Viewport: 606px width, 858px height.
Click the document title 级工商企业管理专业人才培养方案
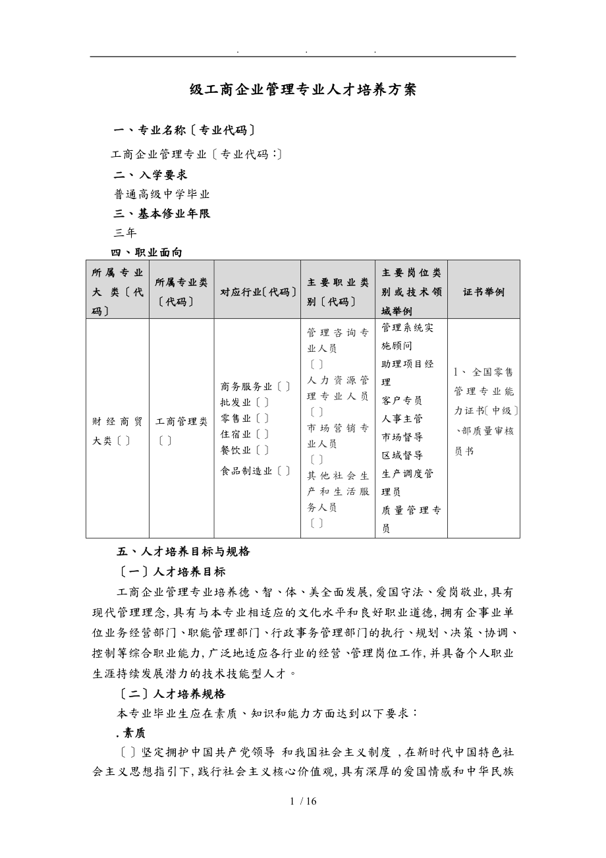303,90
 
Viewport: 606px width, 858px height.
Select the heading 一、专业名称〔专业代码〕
184,130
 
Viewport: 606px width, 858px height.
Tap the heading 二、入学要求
151,175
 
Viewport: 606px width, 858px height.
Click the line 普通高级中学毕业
162,194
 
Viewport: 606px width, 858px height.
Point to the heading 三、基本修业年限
162,214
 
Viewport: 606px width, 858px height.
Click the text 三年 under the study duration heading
124,233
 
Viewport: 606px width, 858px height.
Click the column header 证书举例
483,291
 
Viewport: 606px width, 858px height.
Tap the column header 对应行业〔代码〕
257,291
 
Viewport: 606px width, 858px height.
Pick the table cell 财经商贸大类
117,430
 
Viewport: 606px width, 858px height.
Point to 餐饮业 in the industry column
236,450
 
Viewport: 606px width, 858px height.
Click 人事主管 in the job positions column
402,418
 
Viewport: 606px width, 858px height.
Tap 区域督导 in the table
402,455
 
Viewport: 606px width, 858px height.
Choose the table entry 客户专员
402,400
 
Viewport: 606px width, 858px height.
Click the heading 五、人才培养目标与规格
183,552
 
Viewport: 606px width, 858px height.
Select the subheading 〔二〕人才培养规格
171,693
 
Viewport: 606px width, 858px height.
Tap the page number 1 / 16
303,801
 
